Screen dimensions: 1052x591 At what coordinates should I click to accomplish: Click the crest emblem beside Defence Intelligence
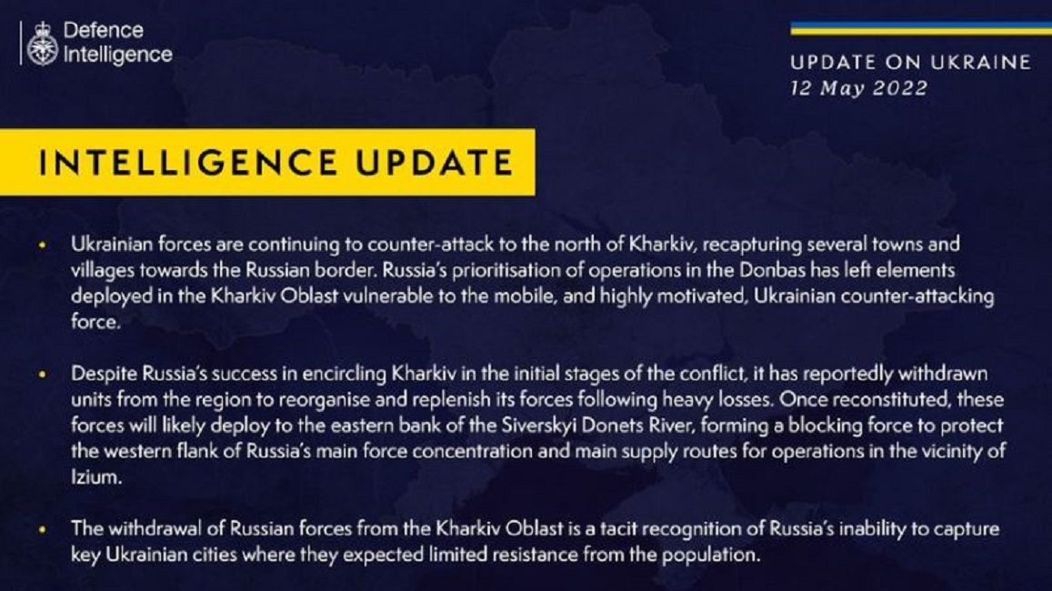42,43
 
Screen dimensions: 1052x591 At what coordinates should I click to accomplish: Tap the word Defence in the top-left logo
104,30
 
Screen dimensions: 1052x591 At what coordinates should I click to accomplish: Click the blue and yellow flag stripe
920,29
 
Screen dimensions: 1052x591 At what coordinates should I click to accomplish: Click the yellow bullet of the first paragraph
43,245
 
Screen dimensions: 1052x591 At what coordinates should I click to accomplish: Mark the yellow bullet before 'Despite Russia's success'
43,375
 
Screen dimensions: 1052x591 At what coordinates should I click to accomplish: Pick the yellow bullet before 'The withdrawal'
43,530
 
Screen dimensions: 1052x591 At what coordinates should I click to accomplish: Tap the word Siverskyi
539,426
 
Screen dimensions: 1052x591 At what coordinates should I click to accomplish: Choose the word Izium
96,477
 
